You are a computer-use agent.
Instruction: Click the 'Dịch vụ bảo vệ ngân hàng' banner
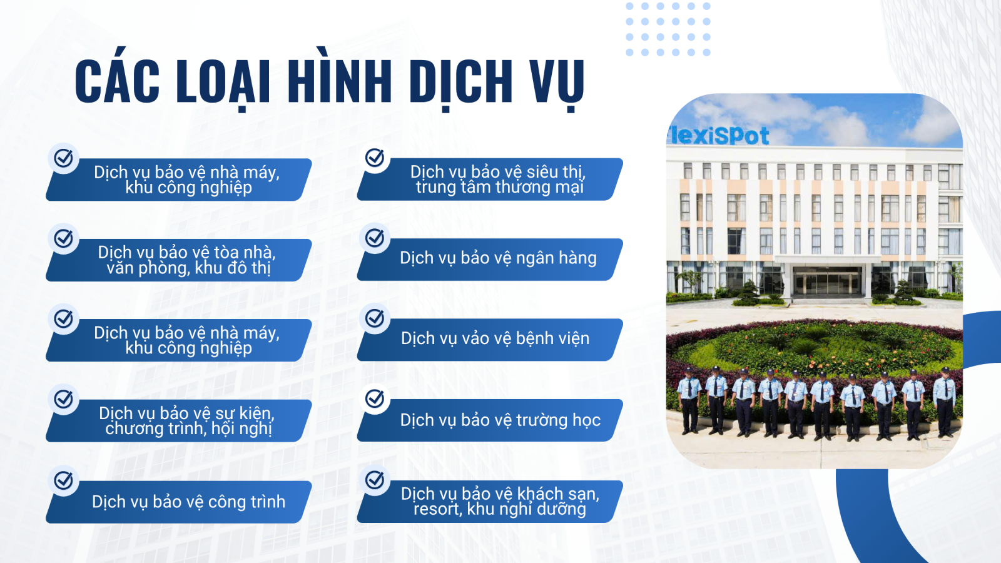pos(490,259)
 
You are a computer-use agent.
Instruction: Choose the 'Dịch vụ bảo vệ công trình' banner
pos(179,502)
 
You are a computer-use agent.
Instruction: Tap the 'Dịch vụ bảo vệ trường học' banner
pos(490,420)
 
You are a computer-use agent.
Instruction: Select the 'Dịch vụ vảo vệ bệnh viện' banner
pos(490,340)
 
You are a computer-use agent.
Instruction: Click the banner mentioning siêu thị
pos(490,179)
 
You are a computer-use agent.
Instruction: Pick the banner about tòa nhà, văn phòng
pos(179,260)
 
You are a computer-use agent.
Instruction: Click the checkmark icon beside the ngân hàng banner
pos(375,238)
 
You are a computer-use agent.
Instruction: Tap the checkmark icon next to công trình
pos(63,480)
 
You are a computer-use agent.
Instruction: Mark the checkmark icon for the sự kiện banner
pos(63,399)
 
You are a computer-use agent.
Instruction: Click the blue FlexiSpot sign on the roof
pos(718,136)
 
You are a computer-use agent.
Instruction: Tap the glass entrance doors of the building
pos(827,282)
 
